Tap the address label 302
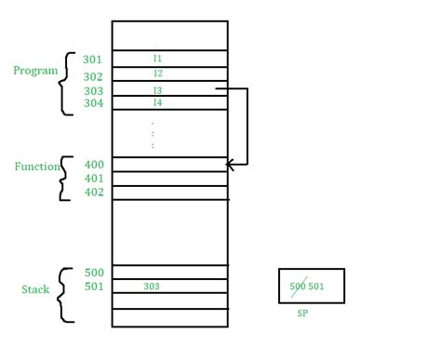point(93,77)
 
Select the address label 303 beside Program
point(93,92)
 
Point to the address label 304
point(93,104)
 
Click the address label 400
point(94,165)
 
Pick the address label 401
point(94,179)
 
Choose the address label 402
point(94,193)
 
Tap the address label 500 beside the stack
point(94,273)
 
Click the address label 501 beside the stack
point(94,287)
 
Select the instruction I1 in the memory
point(158,59)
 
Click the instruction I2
point(158,73)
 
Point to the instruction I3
point(158,90)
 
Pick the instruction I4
point(158,102)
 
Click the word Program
point(35,71)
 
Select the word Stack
point(35,289)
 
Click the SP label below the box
point(302,314)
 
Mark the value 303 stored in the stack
point(152,287)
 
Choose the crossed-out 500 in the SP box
point(298,286)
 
